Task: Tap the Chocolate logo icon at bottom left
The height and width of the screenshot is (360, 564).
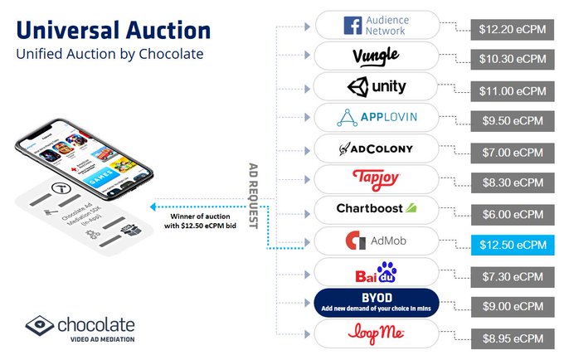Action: click(40, 326)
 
